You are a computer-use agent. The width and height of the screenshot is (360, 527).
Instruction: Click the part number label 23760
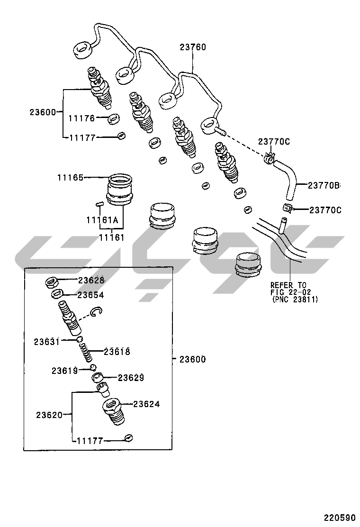[193, 47]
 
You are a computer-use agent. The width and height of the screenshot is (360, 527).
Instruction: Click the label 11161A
[102, 220]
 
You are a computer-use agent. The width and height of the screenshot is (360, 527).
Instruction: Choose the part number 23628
[91, 280]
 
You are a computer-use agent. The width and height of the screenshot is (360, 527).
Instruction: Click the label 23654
[90, 295]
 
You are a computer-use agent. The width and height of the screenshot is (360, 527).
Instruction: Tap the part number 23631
[46, 341]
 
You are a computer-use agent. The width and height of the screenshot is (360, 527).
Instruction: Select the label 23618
[117, 351]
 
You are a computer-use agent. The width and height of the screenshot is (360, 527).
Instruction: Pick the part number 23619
[64, 371]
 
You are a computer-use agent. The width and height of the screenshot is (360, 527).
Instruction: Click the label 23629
[130, 378]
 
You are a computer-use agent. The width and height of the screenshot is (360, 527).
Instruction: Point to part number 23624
[146, 404]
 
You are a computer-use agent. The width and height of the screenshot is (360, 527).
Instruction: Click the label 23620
[49, 415]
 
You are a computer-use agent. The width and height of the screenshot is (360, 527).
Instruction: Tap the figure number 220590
[339, 517]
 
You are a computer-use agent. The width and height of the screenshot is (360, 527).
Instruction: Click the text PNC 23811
[296, 300]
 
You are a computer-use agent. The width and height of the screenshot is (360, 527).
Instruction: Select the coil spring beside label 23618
[86, 352]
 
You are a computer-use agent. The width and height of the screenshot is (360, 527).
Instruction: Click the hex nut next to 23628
[52, 283]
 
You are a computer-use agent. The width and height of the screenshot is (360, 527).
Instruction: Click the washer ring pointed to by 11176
[114, 118]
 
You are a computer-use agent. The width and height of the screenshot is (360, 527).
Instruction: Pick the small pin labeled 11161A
[99, 204]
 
